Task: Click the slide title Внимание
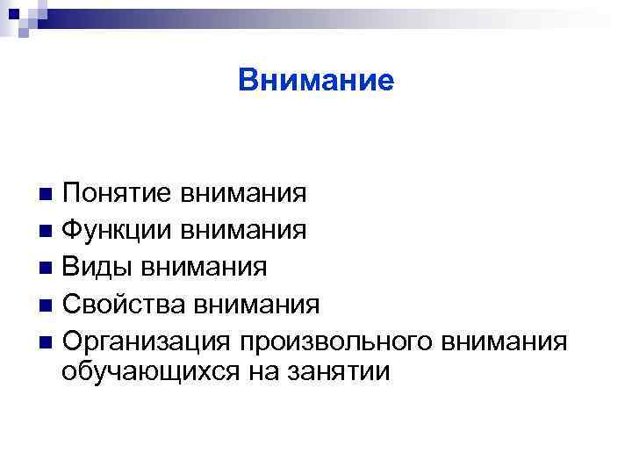(316, 82)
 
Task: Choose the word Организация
(147, 341)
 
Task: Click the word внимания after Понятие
(243, 192)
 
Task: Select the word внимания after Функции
(243, 230)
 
